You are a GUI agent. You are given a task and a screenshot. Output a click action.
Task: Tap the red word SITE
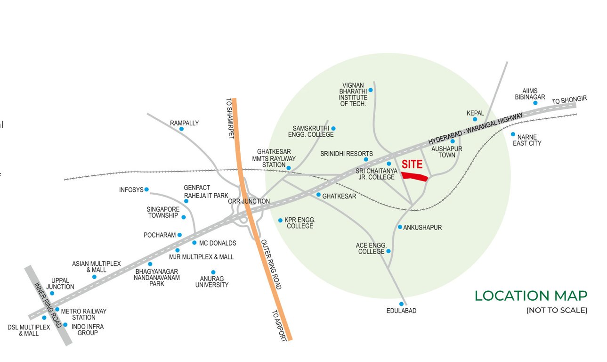click(412, 165)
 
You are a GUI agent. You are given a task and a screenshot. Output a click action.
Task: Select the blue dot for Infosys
click(146, 189)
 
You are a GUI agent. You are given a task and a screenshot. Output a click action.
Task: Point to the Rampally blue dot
click(181, 129)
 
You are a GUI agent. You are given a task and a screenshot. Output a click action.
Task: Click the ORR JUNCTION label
click(249, 201)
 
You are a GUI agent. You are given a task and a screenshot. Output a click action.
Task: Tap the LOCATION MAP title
click(531, 296)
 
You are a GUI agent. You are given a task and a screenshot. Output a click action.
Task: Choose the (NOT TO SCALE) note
click(557, 310)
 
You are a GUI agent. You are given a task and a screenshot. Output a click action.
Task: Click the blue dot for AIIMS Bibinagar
click(535, 103)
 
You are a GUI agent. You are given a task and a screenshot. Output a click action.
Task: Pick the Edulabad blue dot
click(401, 304)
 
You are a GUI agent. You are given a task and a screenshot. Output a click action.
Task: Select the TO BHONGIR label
click(569, 100)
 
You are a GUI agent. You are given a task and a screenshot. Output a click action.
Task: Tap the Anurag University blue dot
click(213, 272)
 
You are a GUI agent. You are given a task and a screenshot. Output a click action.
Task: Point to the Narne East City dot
click(513, 134)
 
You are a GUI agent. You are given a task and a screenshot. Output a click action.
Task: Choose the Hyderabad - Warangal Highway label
click(476, 129)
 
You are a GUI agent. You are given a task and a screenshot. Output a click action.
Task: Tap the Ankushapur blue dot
click(400, 227)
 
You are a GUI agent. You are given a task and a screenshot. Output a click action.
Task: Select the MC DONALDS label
click(218, 243)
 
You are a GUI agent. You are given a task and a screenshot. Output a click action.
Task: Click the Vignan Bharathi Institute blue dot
click(370, 90)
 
